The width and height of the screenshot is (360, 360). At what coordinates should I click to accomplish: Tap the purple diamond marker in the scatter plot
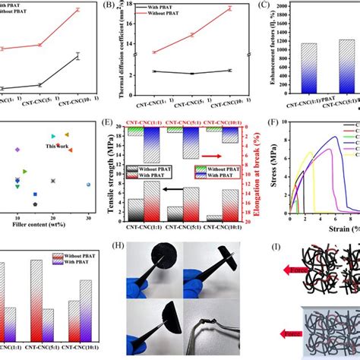pos(17,150)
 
